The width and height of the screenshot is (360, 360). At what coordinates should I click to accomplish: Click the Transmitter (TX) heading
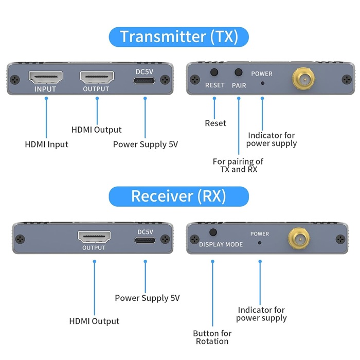[178, 37]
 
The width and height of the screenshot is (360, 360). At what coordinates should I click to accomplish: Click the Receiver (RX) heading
[178, 196]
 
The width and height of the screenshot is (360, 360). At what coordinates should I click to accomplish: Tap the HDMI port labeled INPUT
[45, 78]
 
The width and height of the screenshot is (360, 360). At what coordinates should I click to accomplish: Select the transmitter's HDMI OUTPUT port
[96, 78]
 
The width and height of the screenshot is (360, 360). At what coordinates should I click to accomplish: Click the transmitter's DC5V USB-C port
[144, 80]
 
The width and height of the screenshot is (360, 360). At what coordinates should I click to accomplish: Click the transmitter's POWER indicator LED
[262, 82]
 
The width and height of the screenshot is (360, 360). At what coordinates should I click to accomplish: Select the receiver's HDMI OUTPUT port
[94, 238]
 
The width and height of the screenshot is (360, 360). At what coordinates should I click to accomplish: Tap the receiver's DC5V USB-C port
[145, 240]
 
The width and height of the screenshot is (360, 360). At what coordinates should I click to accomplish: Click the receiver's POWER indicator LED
[260, 242]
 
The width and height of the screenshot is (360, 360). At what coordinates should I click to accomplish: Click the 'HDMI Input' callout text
[46, 144]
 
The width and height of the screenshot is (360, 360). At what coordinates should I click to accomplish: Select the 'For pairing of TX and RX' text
[238, 165]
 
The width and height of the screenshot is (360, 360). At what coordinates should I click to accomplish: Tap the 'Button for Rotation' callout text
[212, 337]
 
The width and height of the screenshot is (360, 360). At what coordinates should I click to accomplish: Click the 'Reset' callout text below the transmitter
[215, 123]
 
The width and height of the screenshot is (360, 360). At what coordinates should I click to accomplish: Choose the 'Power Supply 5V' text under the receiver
[147, 298]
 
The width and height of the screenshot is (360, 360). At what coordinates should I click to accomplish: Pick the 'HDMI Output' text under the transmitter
[96, 130]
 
